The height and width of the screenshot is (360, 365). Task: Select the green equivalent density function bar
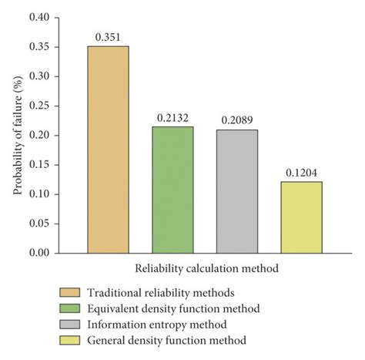click(x=172, y=190)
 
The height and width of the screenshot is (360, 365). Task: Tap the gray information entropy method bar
click(x=236, y=191)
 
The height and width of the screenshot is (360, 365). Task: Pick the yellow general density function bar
click(x=301, y=217)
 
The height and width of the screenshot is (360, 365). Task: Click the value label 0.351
click(x=108, y=36)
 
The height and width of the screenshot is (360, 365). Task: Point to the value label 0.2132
click(x=172, y=117)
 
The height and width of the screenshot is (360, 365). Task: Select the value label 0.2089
click(x=236, y=119)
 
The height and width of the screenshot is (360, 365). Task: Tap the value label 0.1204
click(x=301, y=172)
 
